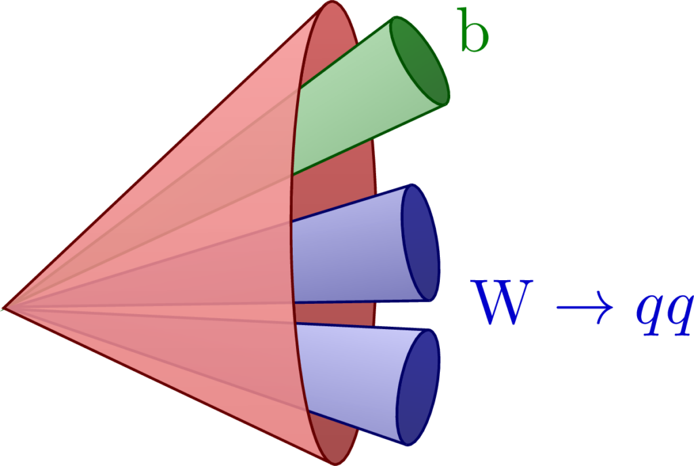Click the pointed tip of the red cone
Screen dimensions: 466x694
pyautogui.click(x=4, y=309)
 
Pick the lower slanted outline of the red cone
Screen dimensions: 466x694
pyautogui.click(x=169, y=386)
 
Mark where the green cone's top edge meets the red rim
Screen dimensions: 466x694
pyautogui.click(x=300, y=87)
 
